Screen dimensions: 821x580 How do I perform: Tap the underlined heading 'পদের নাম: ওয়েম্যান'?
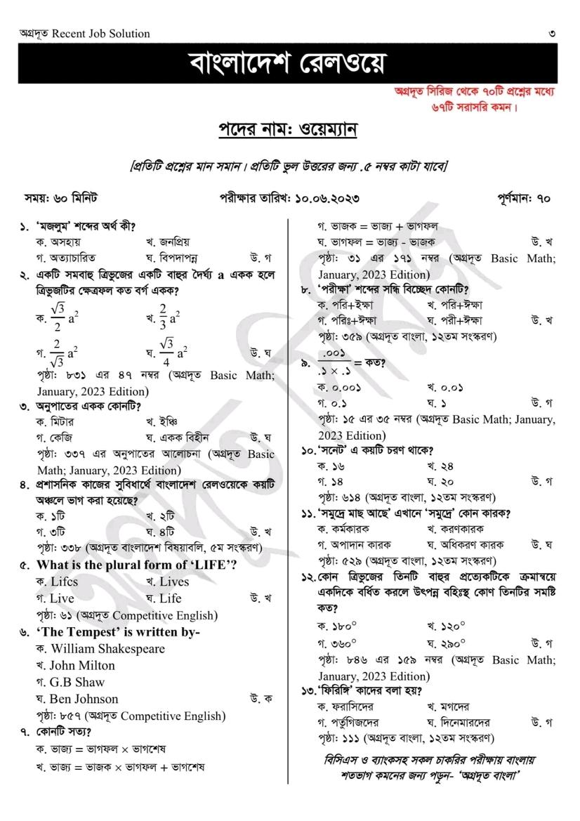click(288, 131)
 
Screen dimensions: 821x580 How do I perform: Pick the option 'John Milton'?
click(82, 666)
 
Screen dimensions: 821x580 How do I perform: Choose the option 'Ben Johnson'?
click(84, 699)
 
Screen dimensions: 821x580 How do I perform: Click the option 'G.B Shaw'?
click(77, 682)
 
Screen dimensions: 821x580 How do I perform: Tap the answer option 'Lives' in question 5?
click(173, 582)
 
